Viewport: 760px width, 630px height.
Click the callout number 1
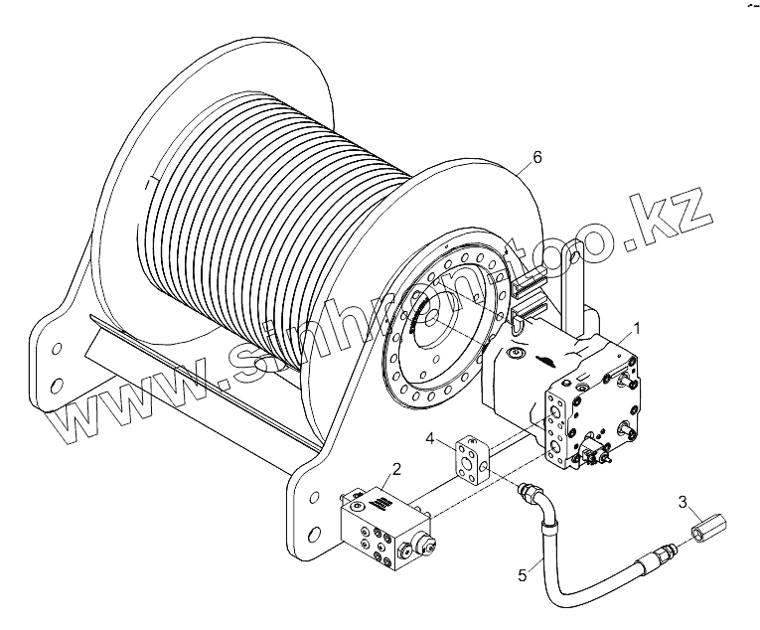pos(636,327)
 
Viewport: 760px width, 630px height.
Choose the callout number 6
pos(537,156)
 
